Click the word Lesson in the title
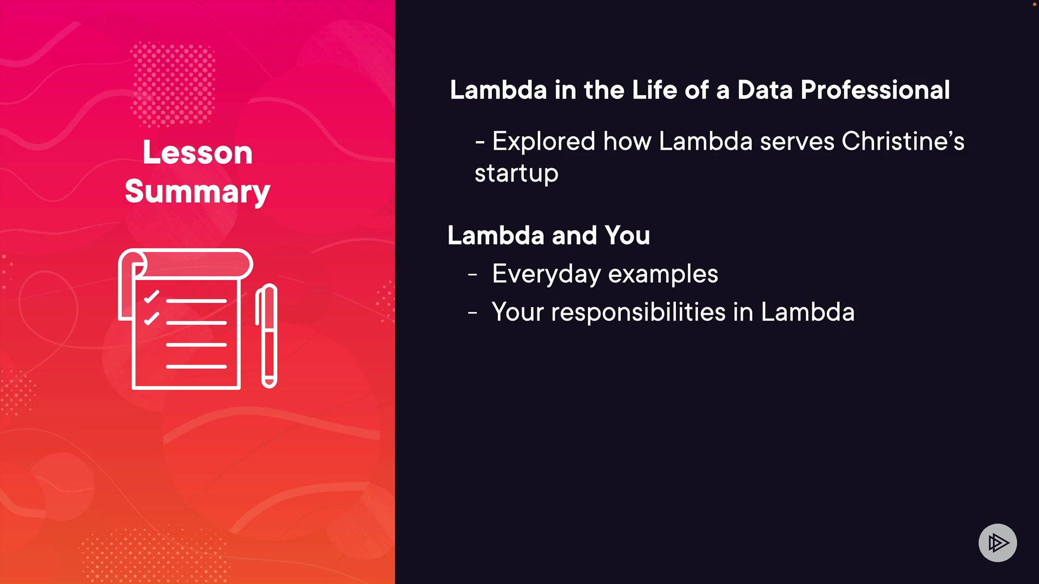click(198, 152)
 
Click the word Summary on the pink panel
click(198, 193)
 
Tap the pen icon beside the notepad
click(266, 336)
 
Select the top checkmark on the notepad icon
click(152, 297)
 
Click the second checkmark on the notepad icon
click(152, 318)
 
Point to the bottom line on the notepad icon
click(196, 367)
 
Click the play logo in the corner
click(997, 542)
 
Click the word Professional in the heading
click(875, 90)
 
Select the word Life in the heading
click(654, 90)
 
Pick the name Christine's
click(903, 141)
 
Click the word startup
click(516, 174)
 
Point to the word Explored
click(544, 142)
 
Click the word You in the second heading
click(627, 236)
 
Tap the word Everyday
click(546, 274)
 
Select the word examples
click(663, 274)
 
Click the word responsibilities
click(638, 312)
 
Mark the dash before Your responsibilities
click(472, 313)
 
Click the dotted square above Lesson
click(173, 84)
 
